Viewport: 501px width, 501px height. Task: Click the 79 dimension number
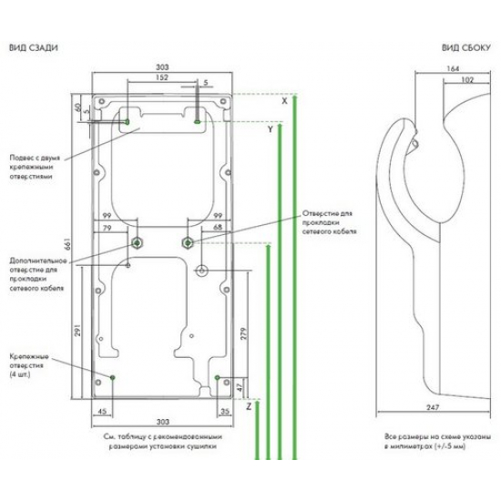[107, 227]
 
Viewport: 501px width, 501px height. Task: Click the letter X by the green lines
[284, 102]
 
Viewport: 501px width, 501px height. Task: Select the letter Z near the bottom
[248, 408]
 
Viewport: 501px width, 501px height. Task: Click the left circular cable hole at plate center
[137, 242]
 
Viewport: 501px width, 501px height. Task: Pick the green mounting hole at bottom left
[112, 376]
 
